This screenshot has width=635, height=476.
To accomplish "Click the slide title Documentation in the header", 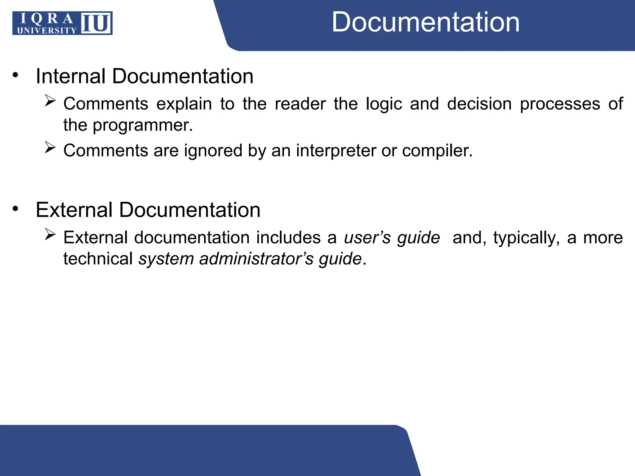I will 425,22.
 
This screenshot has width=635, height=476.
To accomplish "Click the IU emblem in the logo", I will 96,23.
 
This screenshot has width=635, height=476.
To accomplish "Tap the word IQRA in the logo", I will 47,19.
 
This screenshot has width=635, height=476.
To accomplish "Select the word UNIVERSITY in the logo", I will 47,30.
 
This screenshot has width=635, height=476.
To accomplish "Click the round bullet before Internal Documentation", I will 16,75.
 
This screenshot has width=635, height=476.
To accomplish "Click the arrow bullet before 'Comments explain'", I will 50,101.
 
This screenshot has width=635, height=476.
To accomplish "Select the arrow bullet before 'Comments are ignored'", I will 50,147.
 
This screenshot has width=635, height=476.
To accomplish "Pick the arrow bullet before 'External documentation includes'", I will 50,234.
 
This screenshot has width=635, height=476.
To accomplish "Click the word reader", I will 300,104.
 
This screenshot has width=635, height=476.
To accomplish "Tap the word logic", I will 384,104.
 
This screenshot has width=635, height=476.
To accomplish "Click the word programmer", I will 143,126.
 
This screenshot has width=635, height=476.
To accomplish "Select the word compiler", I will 437,151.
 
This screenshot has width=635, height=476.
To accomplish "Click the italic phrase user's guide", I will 392,238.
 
